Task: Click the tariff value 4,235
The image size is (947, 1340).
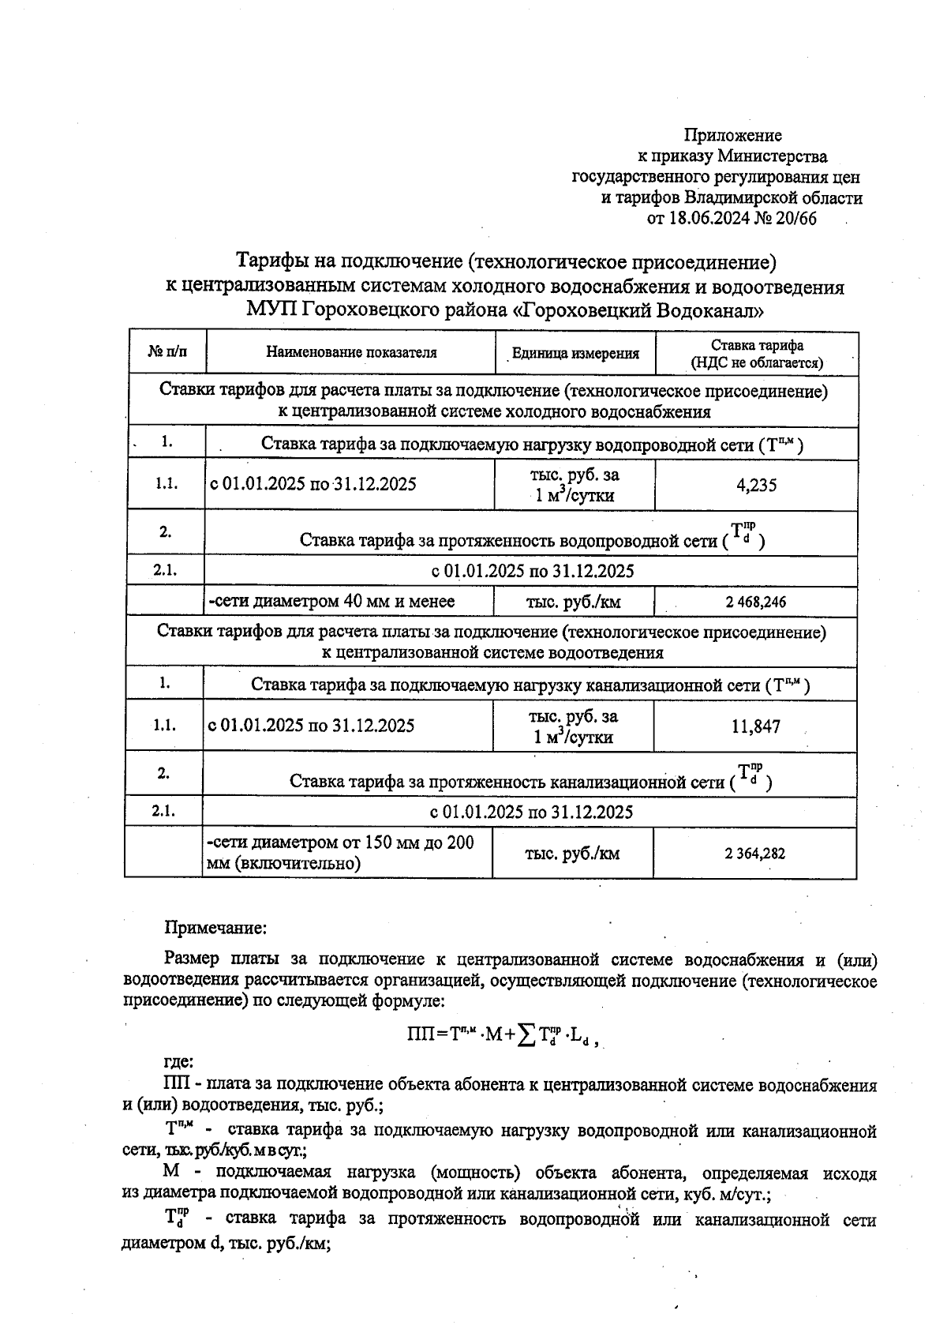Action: click(756, 486)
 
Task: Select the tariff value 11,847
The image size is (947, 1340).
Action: click(755, 726)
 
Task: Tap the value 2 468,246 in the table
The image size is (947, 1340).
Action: click(756, 602)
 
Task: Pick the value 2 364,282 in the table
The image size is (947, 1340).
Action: click(754, 854)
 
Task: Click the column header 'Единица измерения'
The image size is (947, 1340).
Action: click(575, 353)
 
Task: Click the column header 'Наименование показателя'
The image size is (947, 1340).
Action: click(351, 352)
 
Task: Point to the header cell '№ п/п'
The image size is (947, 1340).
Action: click(167, 352)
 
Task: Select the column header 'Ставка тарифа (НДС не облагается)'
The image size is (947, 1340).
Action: click(757, 354)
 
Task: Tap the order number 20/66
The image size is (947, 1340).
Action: click(796, 219)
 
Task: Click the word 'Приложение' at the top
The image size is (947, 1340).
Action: click(732, 136)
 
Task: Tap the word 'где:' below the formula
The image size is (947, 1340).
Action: click(178, 1062)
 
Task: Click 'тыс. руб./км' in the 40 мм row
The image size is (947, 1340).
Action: click(573, 602)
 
